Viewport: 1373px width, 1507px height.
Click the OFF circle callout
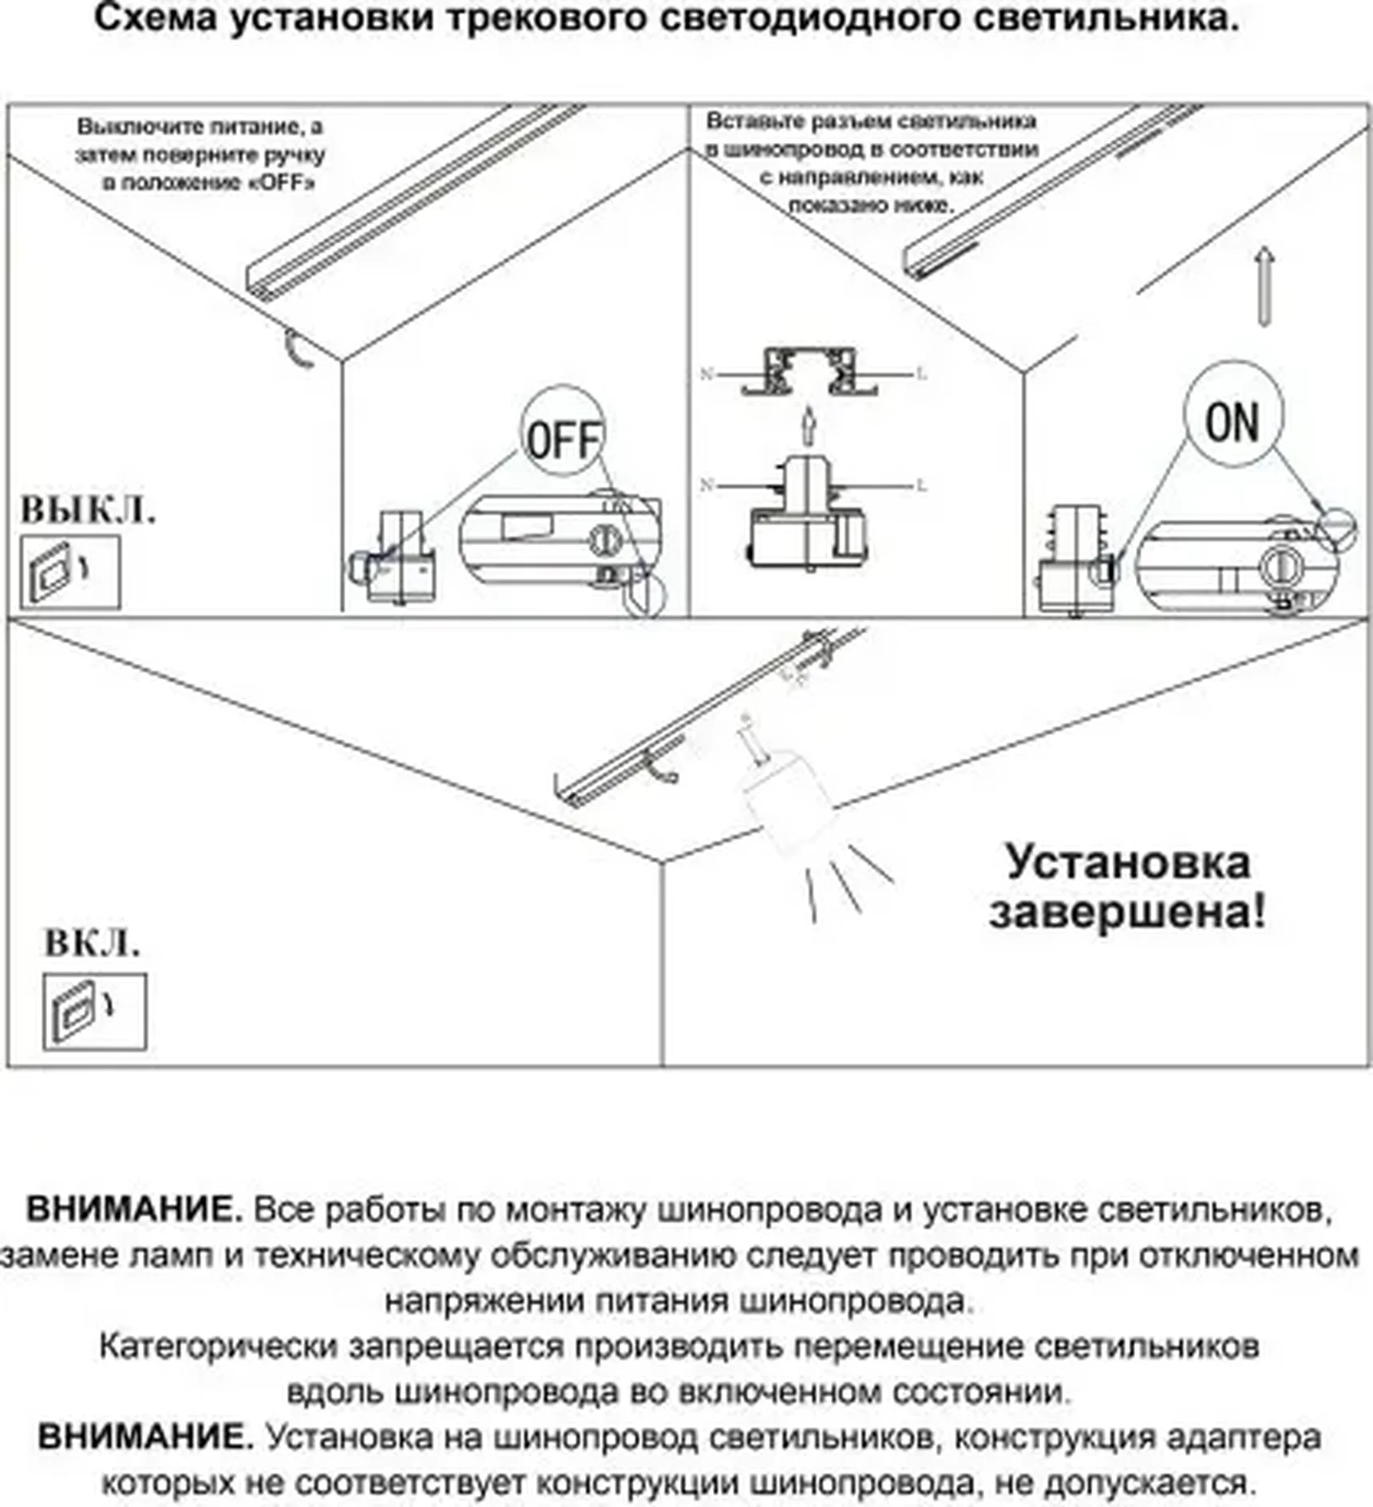[563, 435]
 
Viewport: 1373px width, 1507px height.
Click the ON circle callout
[1233, 415]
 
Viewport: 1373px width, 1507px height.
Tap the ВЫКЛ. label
[88, 511]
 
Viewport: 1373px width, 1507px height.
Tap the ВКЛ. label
[92, 943]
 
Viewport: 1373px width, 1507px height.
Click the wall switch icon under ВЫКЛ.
[70, 572]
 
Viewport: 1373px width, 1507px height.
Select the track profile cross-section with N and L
[810, 373]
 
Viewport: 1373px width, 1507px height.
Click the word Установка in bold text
[1127, 863]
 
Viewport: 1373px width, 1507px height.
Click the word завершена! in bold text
[1127, 912]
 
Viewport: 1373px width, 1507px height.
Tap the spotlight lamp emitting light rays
[786, 806]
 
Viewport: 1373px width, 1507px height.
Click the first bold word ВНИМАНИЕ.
[134, 1209]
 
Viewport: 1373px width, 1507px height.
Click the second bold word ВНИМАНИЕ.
[145, 1438]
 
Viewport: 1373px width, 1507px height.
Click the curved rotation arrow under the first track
[299, 350]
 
